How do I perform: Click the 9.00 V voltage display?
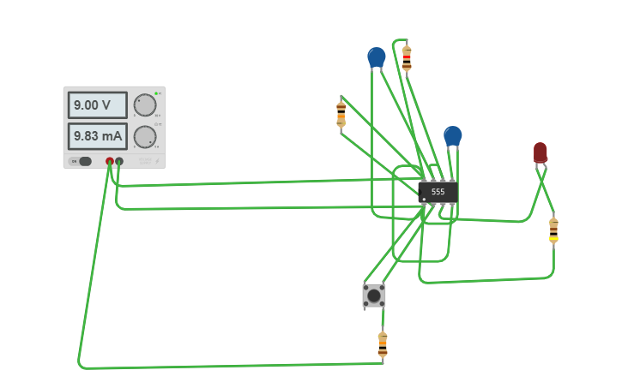pos(97,105)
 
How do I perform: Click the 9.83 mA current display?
pos(97,136)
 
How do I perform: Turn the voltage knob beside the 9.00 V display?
pos(145,105)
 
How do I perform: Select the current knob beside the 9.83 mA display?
pos(145,137)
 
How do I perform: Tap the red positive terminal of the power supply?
pos(110,161)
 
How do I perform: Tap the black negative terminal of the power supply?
pos(119,161)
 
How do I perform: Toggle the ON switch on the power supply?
pos(82,161)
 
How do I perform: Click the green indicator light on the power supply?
pos(156,93)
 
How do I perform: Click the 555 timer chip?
pos(438,192)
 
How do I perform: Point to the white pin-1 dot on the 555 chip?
pos(424,200)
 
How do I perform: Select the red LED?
pos(540,152)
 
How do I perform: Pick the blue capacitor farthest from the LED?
pos(376,57)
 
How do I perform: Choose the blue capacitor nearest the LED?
pos(452,135)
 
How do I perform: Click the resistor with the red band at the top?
pos(406,58)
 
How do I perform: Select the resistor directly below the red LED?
pos(553,230)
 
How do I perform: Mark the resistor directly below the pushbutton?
pos(383,344)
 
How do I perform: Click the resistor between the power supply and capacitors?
pos(341,113)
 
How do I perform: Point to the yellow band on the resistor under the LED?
pos(553,239)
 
